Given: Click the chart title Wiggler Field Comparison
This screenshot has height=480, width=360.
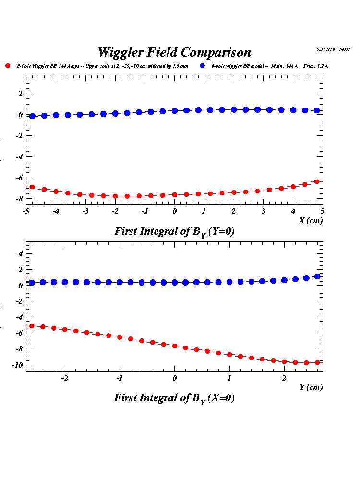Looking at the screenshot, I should point(174,52).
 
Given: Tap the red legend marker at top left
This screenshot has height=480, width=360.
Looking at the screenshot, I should point(8,66).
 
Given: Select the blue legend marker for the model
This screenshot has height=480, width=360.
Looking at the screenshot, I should point(203,66).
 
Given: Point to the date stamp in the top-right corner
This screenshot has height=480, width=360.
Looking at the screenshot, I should point(334,49).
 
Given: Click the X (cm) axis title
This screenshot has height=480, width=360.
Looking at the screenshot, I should point(311,221).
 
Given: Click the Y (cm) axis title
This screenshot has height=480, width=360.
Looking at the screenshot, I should point(311,387).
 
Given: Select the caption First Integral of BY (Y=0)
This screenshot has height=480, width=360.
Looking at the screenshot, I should point(174,231).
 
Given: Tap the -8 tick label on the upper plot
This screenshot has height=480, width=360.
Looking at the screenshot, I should point(20,199).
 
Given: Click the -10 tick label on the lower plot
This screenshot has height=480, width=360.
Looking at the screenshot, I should point(18,365).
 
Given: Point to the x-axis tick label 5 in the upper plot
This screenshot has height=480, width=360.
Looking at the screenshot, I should point(323,211).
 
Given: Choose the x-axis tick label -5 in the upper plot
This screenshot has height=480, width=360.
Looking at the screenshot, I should point(26,211).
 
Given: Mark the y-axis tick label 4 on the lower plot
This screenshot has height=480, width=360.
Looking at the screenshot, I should point(21,253).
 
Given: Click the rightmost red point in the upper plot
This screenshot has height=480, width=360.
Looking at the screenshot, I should point(317,181).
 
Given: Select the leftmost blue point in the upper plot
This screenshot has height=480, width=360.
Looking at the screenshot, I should point(32,116).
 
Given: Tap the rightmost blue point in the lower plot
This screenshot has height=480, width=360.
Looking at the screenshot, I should point(317,276).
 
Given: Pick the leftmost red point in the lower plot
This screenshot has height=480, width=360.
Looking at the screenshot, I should point(32,326).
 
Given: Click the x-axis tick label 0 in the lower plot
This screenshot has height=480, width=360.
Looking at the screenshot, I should point(174,378).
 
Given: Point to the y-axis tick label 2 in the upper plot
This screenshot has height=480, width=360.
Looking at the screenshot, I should point(21,94).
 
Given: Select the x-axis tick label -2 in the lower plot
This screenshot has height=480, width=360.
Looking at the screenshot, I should point(64,378).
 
